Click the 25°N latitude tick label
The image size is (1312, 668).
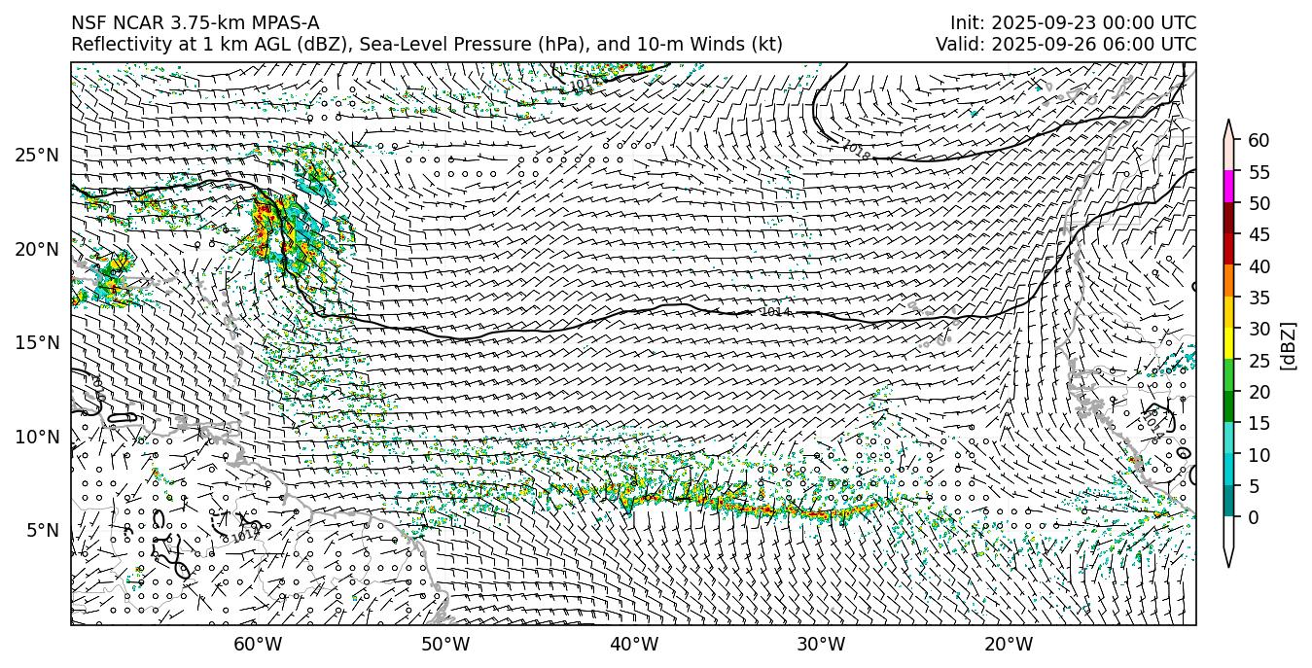[x=36, y=155]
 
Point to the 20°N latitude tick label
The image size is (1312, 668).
[x=36, y=249]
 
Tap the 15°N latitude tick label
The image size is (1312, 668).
[x=36, y=342]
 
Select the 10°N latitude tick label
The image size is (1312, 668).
[x=36, y=437]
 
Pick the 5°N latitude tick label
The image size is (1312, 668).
[x=41, y=530]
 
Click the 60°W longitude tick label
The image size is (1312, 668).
[x=258, y=644]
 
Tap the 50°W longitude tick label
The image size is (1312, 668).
[x=445, y=644]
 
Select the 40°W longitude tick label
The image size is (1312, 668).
[x=633, y=644]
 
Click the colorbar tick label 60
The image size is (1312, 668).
[x=1259, y=140]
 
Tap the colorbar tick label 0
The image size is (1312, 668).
[x=1254, y=517]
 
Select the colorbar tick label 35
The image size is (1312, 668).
[x=1259, y=298]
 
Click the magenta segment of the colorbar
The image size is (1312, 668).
[x=1228, y=187]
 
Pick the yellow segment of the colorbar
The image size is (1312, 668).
[x=1228, y=343]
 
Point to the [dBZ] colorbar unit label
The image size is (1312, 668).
[x=1289, y=345]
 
